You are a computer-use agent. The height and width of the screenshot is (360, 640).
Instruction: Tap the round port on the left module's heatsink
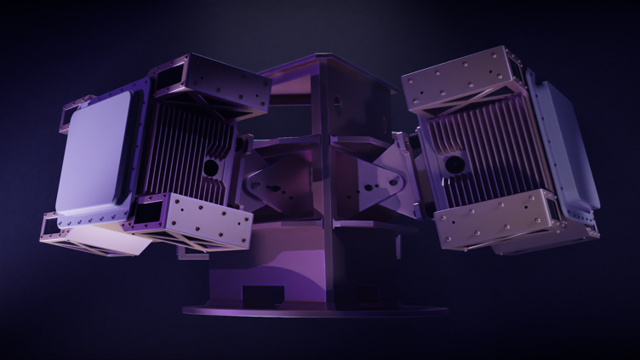pyautogui.click(x=209, y=168)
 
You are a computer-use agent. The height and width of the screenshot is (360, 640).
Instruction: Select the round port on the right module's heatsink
pyautogui.click(x=455, y=162)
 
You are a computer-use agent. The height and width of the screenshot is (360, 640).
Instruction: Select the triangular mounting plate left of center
pyautogui.click(x=271, y=183)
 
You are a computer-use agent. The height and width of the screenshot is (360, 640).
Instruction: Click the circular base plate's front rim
pyautogui.click(x=315, y=311)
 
